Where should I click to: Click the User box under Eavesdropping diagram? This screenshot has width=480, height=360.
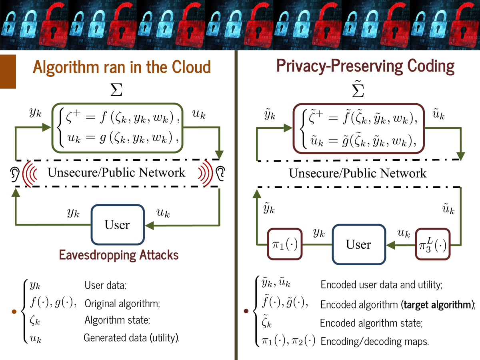(x=117, y=224)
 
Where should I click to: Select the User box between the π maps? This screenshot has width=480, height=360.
(x=358, y=244)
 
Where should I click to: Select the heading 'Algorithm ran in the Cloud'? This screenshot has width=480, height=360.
(x=122, y=67)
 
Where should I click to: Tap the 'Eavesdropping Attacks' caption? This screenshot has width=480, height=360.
(x=119, y=254)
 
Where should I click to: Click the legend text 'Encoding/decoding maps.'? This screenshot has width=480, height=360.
(x=375, y=342)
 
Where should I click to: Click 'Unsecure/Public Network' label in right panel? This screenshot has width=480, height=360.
(x=358, y=173)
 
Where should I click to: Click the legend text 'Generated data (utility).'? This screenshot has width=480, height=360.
(x=132, y=338)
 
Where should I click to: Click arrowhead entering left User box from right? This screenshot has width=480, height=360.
(x=149, y=225)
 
